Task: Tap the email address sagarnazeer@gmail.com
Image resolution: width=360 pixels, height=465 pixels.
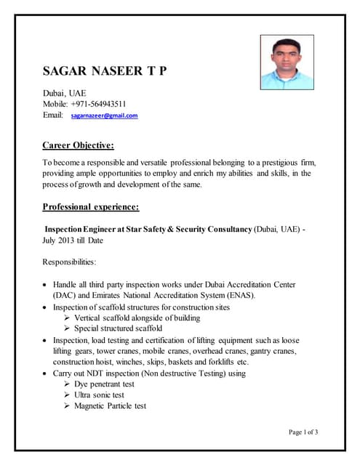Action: [x=104, y=116]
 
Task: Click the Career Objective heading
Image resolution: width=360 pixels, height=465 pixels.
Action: [x=78, y=145]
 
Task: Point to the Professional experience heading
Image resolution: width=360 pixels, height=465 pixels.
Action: [x=90, y=207]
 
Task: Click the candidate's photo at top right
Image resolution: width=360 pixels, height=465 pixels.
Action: [x=287, y=62]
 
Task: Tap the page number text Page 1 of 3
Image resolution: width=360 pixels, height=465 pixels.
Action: [x=303, y=432]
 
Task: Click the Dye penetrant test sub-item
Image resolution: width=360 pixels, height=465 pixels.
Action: [x=104, y=384]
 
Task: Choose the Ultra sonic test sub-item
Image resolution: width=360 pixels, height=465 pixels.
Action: [x=99, y=395]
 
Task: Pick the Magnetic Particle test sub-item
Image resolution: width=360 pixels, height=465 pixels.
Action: [x=110, y=406]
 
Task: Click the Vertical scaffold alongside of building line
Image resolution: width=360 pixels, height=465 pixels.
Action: [x=137, y=318]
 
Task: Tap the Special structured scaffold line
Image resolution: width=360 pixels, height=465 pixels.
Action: [x=118, y=328]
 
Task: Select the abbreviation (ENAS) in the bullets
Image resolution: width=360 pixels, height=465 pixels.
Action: [x=237, y=296]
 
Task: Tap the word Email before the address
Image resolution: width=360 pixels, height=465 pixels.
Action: [x=54, y=116]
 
